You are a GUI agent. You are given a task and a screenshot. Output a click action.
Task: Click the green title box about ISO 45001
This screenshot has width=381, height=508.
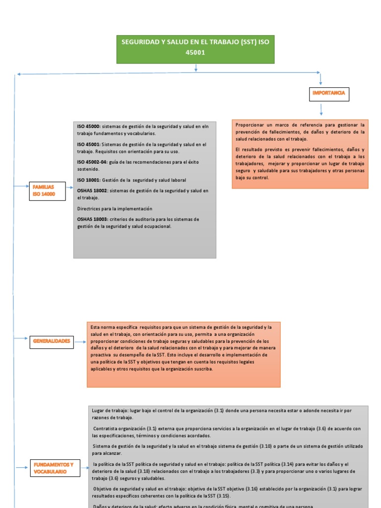pos(195,49)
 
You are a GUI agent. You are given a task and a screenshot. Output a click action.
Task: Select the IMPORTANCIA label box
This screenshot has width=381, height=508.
pos(328,93)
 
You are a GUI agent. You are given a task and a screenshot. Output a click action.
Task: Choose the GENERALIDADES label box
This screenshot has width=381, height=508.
pos(52,341)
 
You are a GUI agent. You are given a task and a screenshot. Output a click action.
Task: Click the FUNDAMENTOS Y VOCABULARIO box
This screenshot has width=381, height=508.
pos(55,468)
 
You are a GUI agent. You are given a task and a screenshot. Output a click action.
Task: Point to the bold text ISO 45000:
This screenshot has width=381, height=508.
pos(88,127)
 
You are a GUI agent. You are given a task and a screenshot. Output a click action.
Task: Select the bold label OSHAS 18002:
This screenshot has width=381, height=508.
pos(92,190)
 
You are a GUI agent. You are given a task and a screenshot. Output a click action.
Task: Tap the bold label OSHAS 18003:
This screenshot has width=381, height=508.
pos(92,219)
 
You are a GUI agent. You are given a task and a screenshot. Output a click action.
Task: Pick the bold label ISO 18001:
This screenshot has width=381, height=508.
pos(88,180)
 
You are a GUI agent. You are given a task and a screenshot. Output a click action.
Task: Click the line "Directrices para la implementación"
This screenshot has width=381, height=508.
pos(115,208)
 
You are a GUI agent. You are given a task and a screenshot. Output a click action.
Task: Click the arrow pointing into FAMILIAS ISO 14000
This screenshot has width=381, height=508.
pos(22,187)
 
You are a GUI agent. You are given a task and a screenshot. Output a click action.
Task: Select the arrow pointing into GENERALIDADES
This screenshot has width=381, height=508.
pos(22,338)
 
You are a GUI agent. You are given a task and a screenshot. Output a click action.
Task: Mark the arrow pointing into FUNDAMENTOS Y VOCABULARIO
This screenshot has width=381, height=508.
pos(22,467)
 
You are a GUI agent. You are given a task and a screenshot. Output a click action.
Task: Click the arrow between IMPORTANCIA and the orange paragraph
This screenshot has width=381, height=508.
pos(321,110)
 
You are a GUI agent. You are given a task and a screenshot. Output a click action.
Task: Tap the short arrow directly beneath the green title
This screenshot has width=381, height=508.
pos(196,67)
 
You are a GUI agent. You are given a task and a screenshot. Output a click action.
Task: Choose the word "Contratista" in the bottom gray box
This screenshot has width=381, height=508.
pos(106,429)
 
